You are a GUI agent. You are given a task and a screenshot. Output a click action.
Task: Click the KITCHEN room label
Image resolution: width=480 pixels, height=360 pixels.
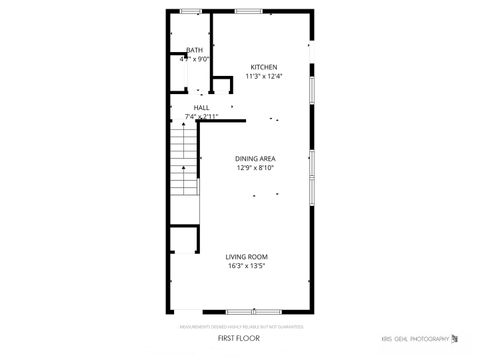(264, 66)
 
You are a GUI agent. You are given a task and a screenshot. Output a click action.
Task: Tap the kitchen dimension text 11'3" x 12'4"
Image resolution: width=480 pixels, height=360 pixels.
(264, 76)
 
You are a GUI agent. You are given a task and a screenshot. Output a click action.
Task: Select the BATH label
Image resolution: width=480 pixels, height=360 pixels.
(194, 50)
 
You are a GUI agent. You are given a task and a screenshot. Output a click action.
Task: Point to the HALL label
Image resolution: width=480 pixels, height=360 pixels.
(201, 107)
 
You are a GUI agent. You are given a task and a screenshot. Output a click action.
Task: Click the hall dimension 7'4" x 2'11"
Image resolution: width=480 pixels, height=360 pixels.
(201, 116)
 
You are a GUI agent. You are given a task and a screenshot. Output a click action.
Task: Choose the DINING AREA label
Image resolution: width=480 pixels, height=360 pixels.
(255, 159)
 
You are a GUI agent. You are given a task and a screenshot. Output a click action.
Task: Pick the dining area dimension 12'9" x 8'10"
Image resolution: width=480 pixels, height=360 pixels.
(255, 168)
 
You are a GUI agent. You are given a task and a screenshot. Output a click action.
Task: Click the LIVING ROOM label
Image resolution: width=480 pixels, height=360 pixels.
(246, 257)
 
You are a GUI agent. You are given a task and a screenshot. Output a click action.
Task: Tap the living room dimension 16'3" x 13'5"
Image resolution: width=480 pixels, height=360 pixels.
(246, 266)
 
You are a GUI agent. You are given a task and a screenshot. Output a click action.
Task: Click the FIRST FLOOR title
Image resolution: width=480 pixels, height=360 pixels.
(239, 339)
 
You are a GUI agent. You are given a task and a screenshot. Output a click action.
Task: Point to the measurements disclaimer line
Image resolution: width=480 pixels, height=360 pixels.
(241, 326)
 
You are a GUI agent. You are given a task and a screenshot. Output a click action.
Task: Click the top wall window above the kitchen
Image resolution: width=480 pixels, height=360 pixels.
(248, 11)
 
